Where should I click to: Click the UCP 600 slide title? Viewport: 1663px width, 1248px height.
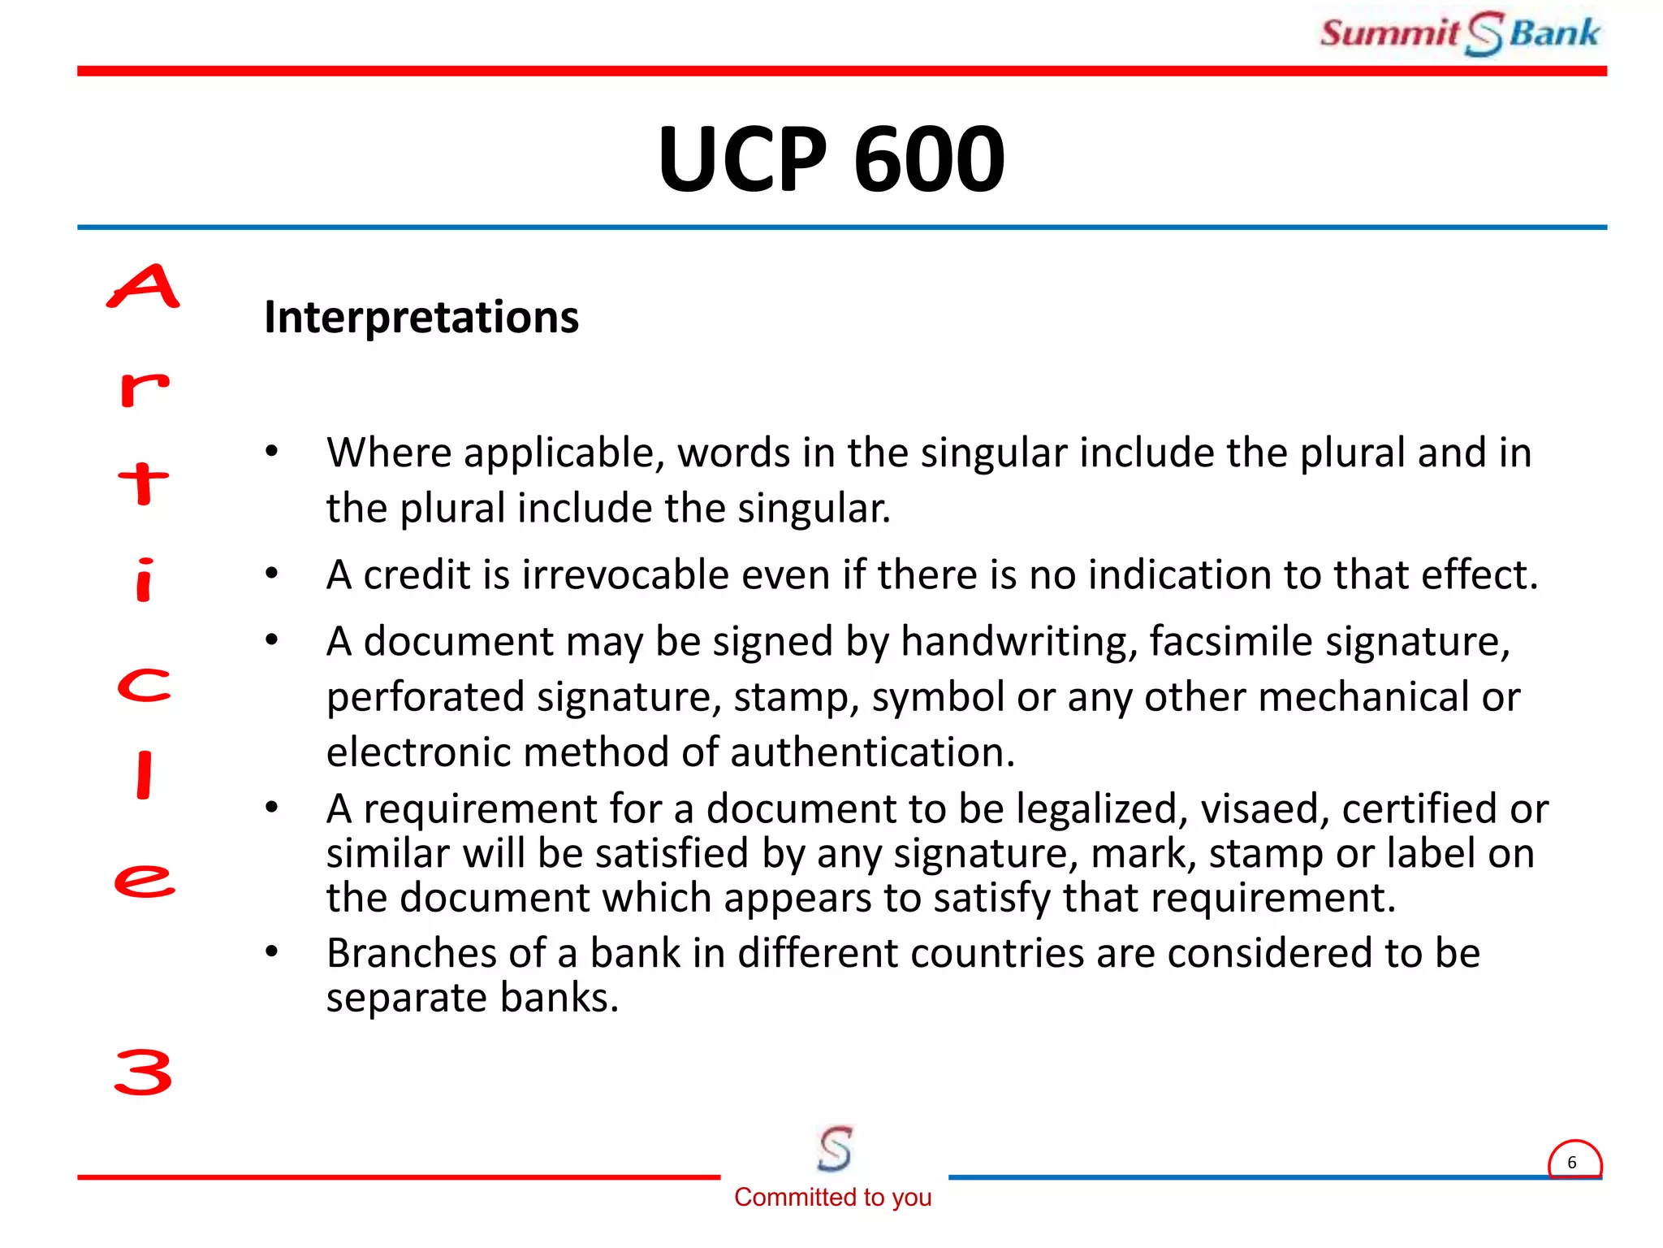tap(831, 159)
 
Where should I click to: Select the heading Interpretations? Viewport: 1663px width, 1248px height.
tap(421, 317)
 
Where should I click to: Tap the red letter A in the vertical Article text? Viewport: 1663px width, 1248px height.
tap(144, 287)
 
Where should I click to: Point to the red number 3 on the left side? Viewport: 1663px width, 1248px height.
tap(144, 1072)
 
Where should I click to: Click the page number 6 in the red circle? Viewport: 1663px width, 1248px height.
tap(1572, 1162)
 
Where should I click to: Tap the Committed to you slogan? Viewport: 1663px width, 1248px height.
tap(832, 1197)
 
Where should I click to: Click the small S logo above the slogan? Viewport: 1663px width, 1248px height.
tap(835, 1148)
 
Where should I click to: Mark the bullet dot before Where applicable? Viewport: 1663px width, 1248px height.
tap(272, 451)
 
